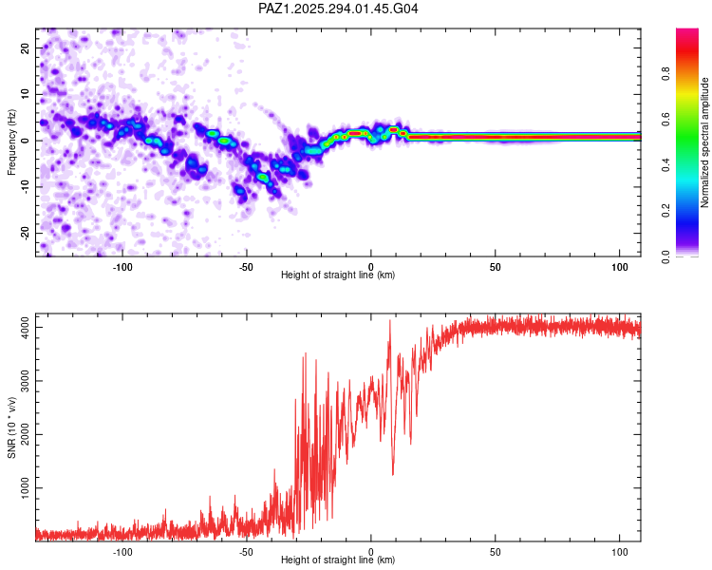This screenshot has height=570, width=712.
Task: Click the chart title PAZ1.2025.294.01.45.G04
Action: click(x=338, y=9)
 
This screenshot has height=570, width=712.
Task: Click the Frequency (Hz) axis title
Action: click(x=11, y=142)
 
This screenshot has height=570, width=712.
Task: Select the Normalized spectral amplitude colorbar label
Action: click(x=705, y=142)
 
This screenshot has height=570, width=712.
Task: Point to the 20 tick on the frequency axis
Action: click(x=25, y=47)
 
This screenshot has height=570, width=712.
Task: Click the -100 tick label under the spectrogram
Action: click(x=122, y=267)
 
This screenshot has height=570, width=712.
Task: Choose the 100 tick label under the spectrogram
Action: click(x=620, y=267)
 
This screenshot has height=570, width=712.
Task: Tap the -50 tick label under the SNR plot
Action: click(x=246, y=552)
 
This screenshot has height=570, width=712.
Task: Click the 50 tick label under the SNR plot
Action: click(x=496, y=552)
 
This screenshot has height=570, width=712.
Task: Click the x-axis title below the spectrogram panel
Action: click(x=338, y=275)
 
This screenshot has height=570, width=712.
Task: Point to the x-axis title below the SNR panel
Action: click(x=338, y=560)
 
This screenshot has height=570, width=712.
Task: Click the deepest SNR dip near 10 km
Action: click(x=392, y=474)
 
